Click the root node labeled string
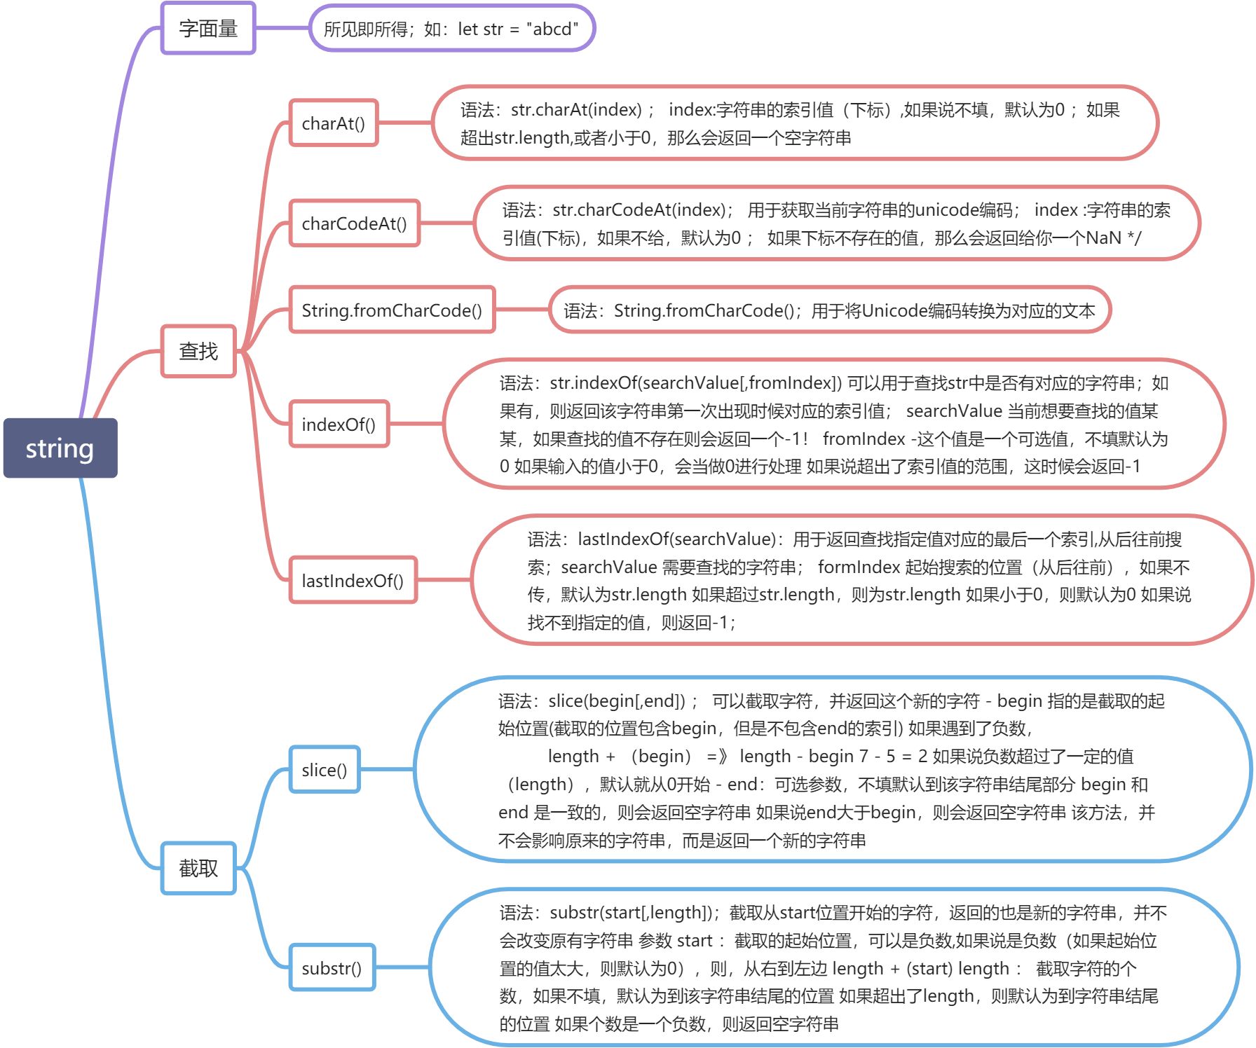tap(60, 448)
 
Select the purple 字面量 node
tap(208, 29)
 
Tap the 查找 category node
tap(198, 351)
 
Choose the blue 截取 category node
tap(198, 869)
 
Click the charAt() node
tap(334, 123)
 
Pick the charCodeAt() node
tap(354, 223)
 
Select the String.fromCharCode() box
tap(392, 310)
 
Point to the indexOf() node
tap(339, 425)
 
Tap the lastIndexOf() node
tap(353, 581)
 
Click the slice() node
tap(325, 770)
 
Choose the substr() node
tap(332, 968)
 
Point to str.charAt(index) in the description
tap(576, 110)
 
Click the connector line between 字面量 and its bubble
tap(282, 29)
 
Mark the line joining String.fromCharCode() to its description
tap(521, 310)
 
